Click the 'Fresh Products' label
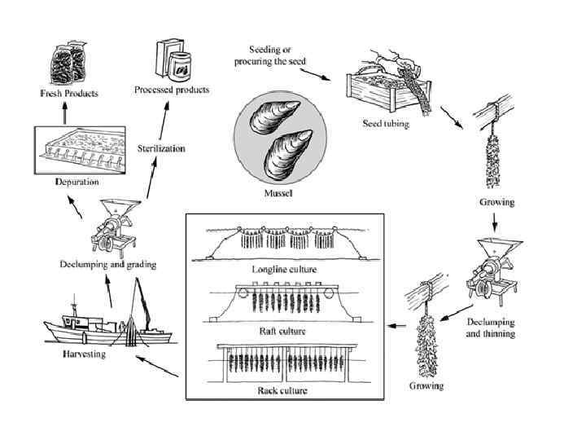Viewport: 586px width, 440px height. point(69,94)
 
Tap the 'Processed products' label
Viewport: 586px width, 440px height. point(171,89)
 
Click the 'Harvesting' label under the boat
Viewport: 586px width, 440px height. point(85,355)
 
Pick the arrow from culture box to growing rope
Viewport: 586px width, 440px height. point(396,326)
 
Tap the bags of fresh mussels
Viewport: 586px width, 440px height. point(69,61)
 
